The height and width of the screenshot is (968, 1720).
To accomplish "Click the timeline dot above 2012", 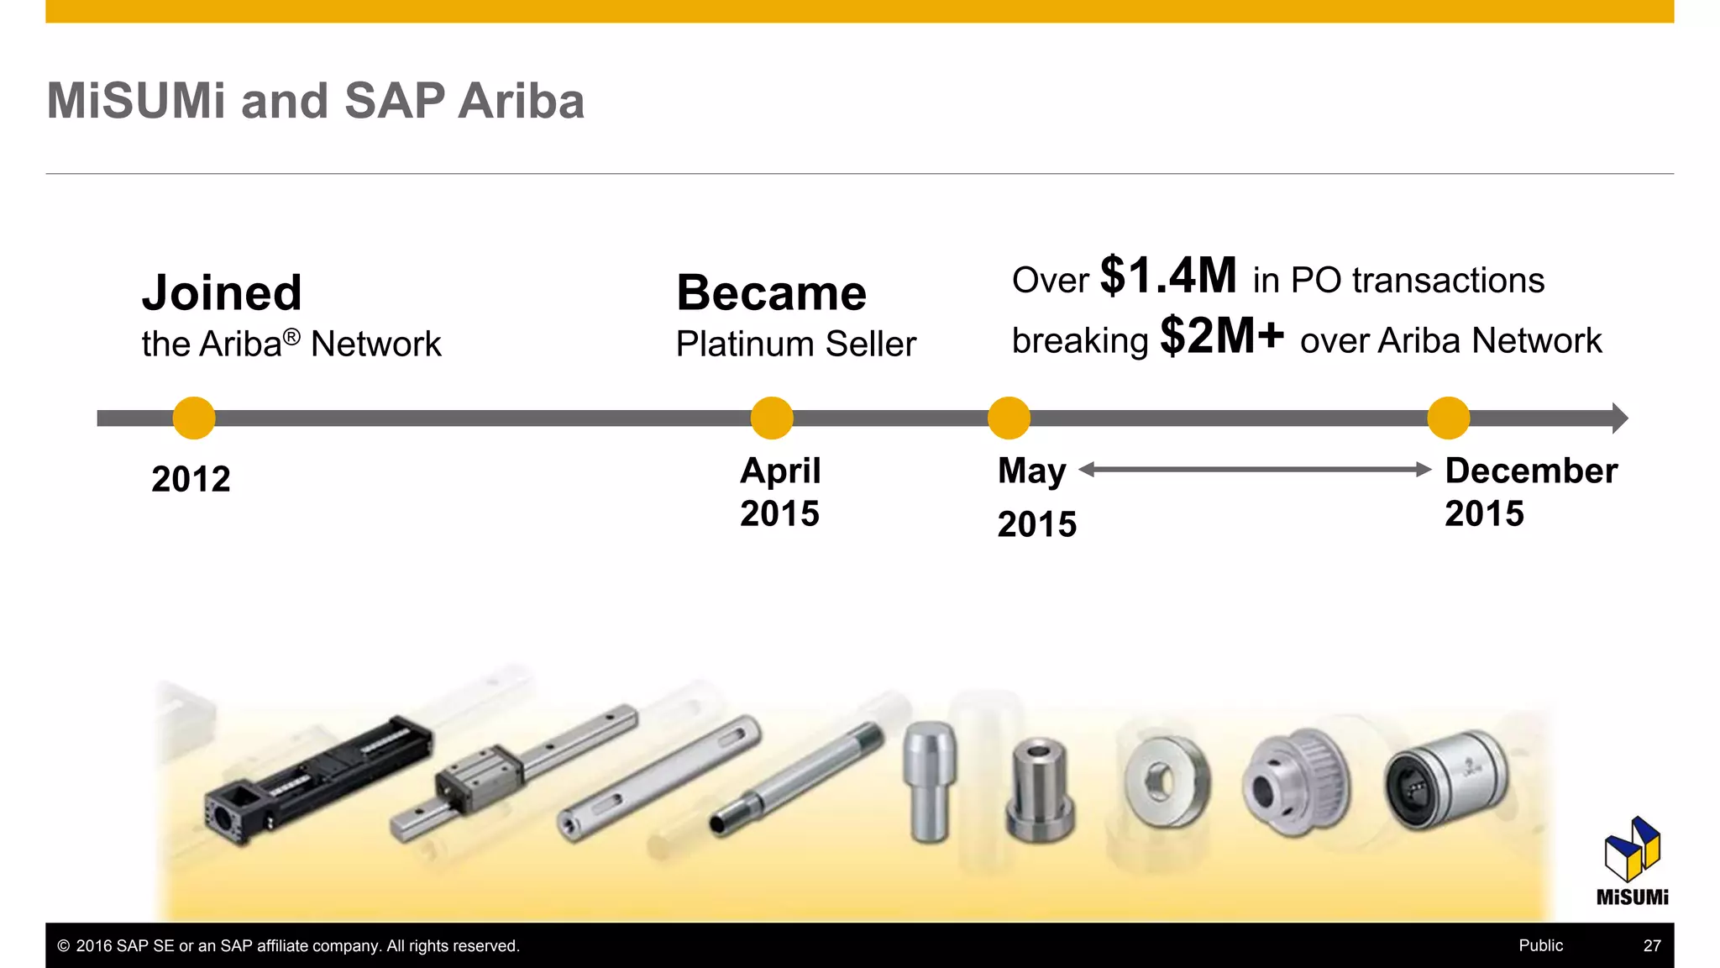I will point(194,418).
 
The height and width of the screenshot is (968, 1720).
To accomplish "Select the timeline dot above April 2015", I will point(772,418).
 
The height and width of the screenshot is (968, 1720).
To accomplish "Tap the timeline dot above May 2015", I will point(1009,418).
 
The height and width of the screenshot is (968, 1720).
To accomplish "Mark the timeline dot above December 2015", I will point(1448,418).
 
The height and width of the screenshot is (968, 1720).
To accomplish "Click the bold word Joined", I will point(222,292).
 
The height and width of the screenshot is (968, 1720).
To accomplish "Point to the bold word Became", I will point(771,292).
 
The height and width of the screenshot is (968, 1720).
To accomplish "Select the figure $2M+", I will point(1222,335).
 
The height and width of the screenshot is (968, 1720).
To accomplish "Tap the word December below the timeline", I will point(1531,471).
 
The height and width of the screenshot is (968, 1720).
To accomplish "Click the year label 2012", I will point(191,479).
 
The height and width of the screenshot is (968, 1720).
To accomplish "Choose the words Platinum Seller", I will point(795,344).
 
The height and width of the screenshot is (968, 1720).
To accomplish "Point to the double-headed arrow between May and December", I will point(1255,470).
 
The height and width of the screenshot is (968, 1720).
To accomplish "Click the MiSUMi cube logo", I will point(1632,849).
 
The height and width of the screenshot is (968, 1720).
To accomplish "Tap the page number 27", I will point(1652,945).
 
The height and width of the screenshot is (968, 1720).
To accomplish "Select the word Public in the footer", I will point(1540,945).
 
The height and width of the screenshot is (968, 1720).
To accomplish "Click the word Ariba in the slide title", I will point(522,101).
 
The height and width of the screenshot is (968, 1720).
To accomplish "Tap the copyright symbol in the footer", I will point(64,946).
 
